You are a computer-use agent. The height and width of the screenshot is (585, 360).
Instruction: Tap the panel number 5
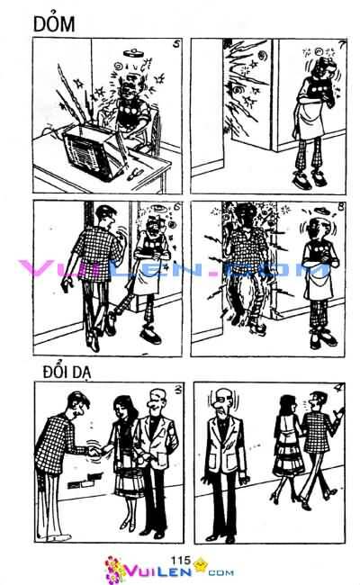174,45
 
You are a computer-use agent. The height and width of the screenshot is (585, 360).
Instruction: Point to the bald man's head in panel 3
155,402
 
